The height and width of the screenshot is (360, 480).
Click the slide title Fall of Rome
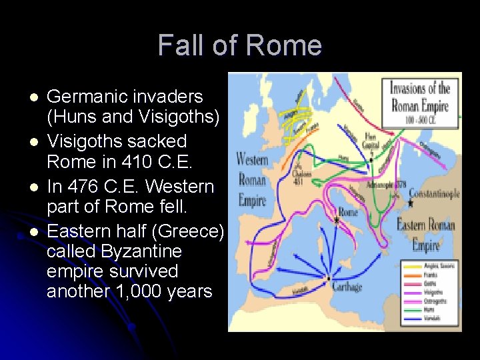click(240, 45)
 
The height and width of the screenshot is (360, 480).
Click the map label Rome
click(348, 213)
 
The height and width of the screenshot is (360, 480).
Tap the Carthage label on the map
click(348, 287)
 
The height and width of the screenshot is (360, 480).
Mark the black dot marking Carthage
click(328, 277)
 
